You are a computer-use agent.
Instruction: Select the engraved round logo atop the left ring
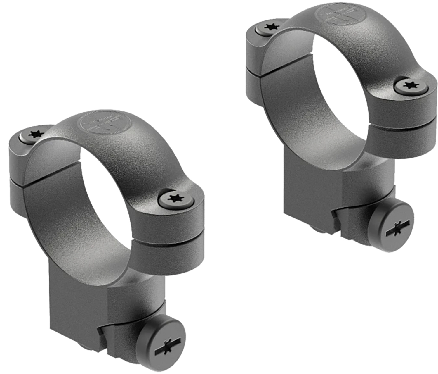tap(100, 123)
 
